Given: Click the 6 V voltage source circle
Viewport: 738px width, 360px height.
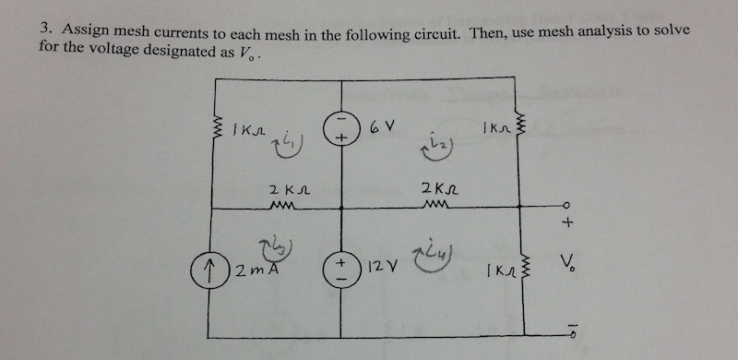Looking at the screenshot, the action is (x=341, y=131).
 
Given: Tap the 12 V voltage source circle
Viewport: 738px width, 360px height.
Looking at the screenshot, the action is (x=340, y=270).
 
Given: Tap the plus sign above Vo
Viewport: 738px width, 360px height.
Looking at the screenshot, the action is (x=569, y=222).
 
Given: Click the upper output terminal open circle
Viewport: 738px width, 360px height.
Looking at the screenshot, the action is (x=567, y=204).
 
